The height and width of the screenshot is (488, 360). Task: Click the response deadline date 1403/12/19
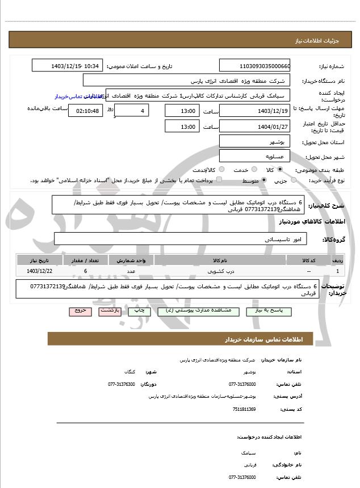254,111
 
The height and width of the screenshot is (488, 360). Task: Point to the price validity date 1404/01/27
254,127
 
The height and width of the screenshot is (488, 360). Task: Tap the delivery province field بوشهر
254,142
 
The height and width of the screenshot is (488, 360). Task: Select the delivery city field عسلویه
254,156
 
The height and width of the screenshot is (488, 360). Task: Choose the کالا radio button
280,170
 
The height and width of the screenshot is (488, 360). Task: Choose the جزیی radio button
294,180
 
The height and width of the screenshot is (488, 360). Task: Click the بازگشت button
110,311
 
